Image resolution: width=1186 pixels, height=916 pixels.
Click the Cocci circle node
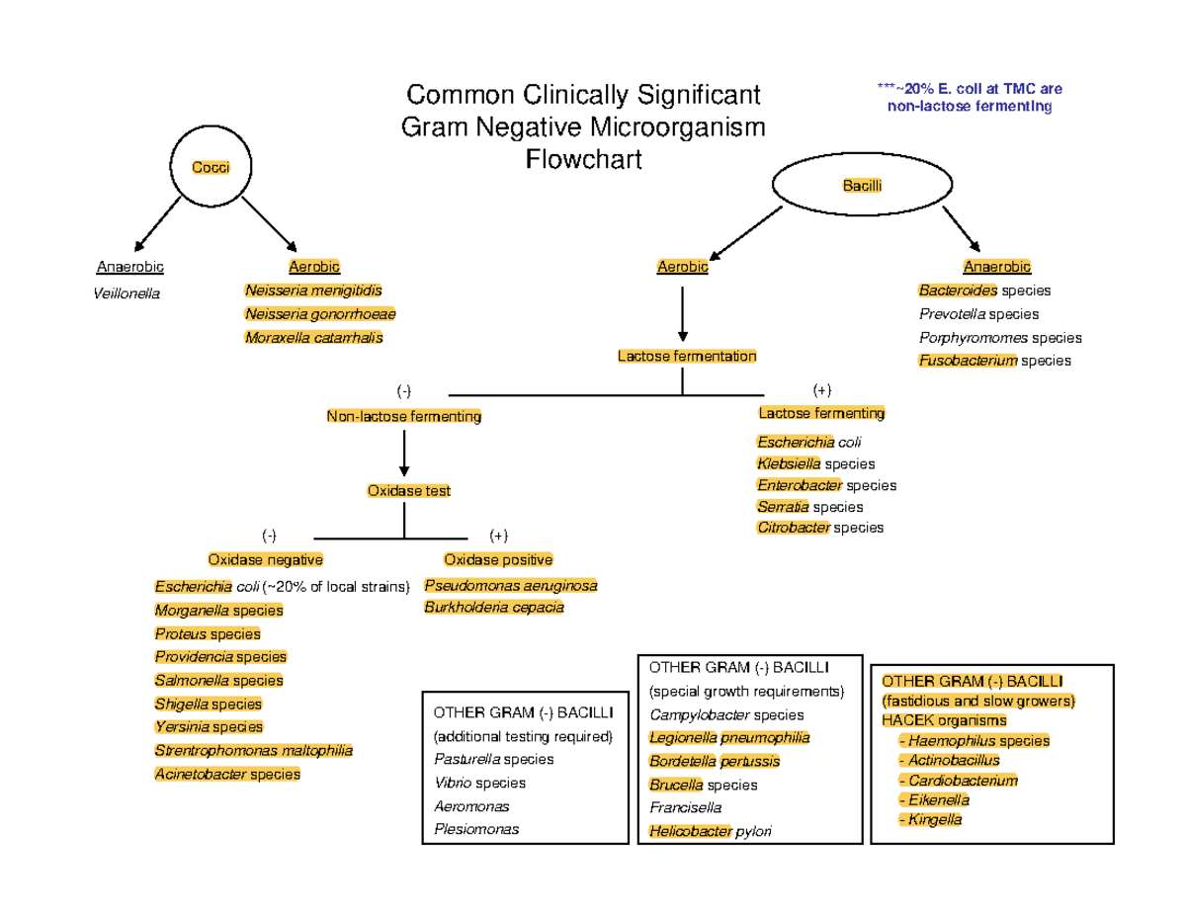[x=210, y=168]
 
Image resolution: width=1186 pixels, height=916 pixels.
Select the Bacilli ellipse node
[x=862, y=186]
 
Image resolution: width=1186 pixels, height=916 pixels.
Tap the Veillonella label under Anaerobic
[x=127, y=293]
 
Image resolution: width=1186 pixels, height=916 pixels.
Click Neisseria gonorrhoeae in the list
[x=319, y=314]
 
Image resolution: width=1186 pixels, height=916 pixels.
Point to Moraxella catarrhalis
[x=313, y=338]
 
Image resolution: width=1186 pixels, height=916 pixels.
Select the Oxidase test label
[x=408, y=490]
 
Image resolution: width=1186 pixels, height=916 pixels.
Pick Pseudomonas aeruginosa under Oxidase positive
[x=510, y=586]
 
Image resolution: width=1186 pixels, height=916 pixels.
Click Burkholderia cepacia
[x=493, y=608]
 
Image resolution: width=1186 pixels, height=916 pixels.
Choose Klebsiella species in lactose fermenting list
[x=815, y=463]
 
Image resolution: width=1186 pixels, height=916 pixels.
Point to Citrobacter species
[x=820, y=528]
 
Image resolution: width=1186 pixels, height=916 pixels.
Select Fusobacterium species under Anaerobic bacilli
[x=993, y=362]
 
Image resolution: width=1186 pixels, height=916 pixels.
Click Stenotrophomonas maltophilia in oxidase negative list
[x=253, y=751]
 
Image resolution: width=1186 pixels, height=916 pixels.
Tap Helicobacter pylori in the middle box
[x=710, y=832]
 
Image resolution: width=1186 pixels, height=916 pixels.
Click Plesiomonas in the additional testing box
[x=475, y=830]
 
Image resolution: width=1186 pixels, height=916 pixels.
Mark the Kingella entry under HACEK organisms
[x=930, y=820]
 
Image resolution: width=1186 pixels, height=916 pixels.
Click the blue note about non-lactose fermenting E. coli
[x=969, y=98]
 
